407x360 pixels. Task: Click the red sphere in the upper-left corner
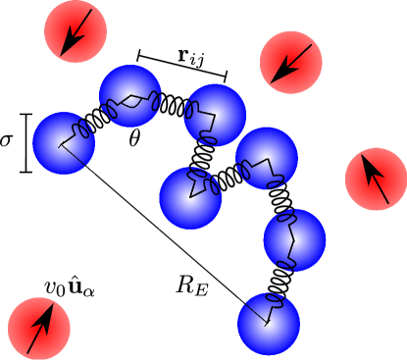click(76, 31)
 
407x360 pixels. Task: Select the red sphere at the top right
click(291, 62)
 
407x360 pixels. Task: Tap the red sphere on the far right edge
click(376, 180)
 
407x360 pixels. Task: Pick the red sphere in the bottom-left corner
click(39, 329)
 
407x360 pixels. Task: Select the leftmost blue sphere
click(64, 143)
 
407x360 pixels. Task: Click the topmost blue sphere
click(130, 96)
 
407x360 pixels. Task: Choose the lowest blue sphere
click(269, 324)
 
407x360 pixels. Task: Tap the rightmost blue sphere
click(294, 239)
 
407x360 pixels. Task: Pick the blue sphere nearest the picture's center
click(190, 198)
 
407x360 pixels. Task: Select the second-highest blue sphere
click(215, 115)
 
